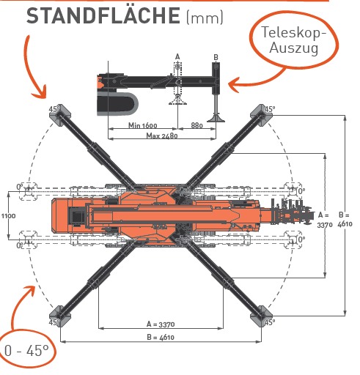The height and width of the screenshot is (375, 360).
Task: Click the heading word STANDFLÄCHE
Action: coord(103,15)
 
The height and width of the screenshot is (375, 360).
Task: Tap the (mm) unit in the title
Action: coord(205,18)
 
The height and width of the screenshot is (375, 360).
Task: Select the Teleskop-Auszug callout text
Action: coord(294,40)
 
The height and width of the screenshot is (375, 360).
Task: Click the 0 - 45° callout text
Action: coord(26,351)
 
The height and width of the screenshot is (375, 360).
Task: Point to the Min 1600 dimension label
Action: coord(143,125)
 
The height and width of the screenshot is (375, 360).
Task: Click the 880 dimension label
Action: coord(196,125)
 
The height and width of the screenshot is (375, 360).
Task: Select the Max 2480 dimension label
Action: coord(162,135)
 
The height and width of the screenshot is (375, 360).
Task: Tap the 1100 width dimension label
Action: coord(8,216)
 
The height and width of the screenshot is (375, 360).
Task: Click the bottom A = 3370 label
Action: coord(161,324)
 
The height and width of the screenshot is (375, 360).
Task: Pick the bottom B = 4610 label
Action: coord(161,337)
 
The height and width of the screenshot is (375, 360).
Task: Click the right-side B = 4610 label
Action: coord(345,220)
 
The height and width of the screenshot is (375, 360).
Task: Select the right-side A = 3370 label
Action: coord(325,220)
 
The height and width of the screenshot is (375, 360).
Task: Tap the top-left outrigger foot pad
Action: coord(60,115)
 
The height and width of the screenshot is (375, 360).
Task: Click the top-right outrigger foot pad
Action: coord(261,115)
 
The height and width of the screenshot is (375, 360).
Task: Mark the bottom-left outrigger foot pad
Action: coord(60,316)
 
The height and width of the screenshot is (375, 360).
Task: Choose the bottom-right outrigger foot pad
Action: coord(261,316)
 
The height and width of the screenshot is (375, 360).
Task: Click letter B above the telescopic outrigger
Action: coord(216,57)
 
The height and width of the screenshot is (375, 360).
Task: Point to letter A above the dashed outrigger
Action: coord(177,57)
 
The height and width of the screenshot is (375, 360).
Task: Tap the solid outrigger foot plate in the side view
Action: coord(216,118)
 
